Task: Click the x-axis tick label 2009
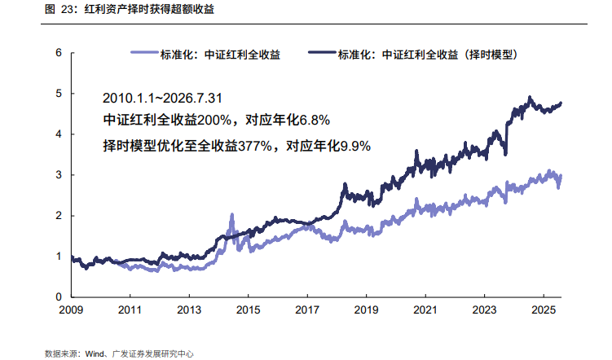tap(71, 310)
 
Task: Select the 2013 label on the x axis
tap(189, 310)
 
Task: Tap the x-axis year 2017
tap(307, 310)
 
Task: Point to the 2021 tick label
tap(425, 310)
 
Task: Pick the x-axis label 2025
tap(544, 310)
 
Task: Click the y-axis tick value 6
tap(59, 53)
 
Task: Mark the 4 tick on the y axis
tap(59, 134)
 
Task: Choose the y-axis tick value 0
tap(59, 296)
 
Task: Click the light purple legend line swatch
tap(144, 52)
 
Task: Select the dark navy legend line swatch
tap(322, 52)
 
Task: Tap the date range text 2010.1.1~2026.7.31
tap(162, 98)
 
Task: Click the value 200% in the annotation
tap(214, 120)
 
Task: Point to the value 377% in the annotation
tap(255, 146)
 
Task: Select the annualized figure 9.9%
tap(355, 146)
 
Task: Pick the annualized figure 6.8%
tap(315, 120)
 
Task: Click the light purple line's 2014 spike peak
tap(231, 214)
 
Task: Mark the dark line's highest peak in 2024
tap(530, 97)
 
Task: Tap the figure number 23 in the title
tap(67, 9)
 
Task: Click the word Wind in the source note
tap(95, 353)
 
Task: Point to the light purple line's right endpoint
tap(561, 176)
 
